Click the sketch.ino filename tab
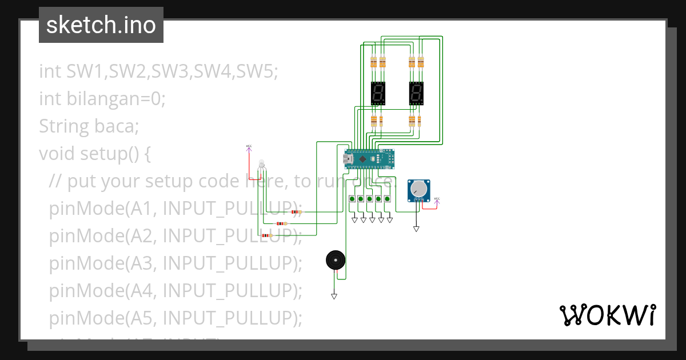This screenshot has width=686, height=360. (x=101, y=25)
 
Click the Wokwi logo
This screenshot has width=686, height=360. (x=607, y=315)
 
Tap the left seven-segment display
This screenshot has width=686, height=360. (x=378, y=93)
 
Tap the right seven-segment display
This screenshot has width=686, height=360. (x=416, y=93)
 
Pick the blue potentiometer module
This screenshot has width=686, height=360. (x=419, y=190)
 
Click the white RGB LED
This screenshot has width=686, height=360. (x=262, y=164)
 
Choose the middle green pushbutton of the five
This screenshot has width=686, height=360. (x=370, y=199)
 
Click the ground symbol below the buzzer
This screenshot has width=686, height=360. (x=334, y=296)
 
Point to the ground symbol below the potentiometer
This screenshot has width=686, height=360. (x=416, y=229)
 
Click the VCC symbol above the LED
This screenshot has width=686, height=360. (x=249, y=147)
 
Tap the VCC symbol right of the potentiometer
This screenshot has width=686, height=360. (x=437, y=200)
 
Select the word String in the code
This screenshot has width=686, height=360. (x=59, y=126)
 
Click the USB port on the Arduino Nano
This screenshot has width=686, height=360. (x=346, y=158)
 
